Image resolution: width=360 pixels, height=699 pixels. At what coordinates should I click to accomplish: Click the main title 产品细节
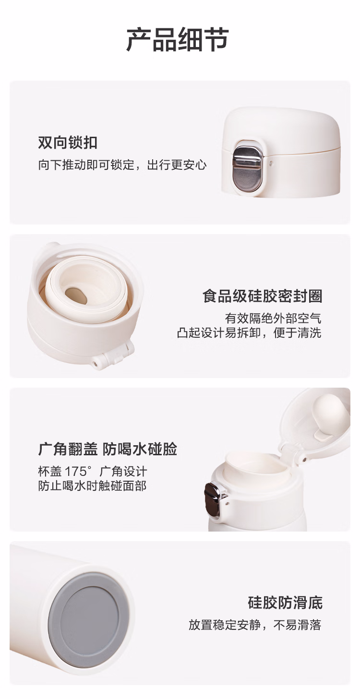(x=177, y=39)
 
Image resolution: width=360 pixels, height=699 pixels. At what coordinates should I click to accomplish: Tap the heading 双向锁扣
(x=68, y=142)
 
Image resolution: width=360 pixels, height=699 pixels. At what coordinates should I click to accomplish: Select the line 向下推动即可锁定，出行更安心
(x=122, y=165)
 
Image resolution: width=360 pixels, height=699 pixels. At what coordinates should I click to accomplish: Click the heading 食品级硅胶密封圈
(x=262, y=296)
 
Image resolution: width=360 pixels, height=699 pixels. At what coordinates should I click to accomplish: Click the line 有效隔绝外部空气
(x=273, y=319)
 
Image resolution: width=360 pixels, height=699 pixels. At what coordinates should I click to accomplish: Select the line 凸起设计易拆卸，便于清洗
(x=249, y=333)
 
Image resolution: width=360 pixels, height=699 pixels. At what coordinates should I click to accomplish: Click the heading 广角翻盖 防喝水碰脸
(x=108, y=450)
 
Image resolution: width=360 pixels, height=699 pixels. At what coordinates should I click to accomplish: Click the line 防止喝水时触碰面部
(x=93, y=486)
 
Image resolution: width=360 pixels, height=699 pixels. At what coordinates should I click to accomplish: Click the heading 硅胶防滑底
(x=285, y=603)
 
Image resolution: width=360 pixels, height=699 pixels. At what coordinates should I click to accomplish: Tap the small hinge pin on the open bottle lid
(x=304, y=459)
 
